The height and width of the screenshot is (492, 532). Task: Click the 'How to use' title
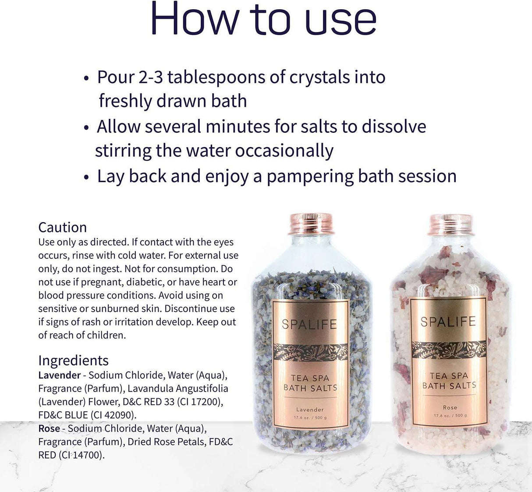coord(263,19)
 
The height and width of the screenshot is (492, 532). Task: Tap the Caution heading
coord(62,227)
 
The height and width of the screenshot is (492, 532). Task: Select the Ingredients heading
coord(73,360)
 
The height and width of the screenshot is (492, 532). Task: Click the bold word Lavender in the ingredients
coord(59,375)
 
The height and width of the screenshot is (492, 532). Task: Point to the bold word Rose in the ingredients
coord(49,428)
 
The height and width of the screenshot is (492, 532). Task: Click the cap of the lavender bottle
coord(311,224)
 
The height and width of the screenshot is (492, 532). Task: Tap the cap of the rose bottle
coord(450,225)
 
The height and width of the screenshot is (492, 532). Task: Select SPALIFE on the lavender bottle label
coord(309,324)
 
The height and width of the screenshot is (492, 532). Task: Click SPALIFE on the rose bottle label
coord(448,322)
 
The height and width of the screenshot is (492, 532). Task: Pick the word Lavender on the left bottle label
coord(310,410)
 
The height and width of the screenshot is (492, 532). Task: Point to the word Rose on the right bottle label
coord(450,407)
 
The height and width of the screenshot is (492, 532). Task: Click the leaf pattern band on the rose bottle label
coord(449,349)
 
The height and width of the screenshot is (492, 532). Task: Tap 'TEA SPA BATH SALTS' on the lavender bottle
coord(310,383)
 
